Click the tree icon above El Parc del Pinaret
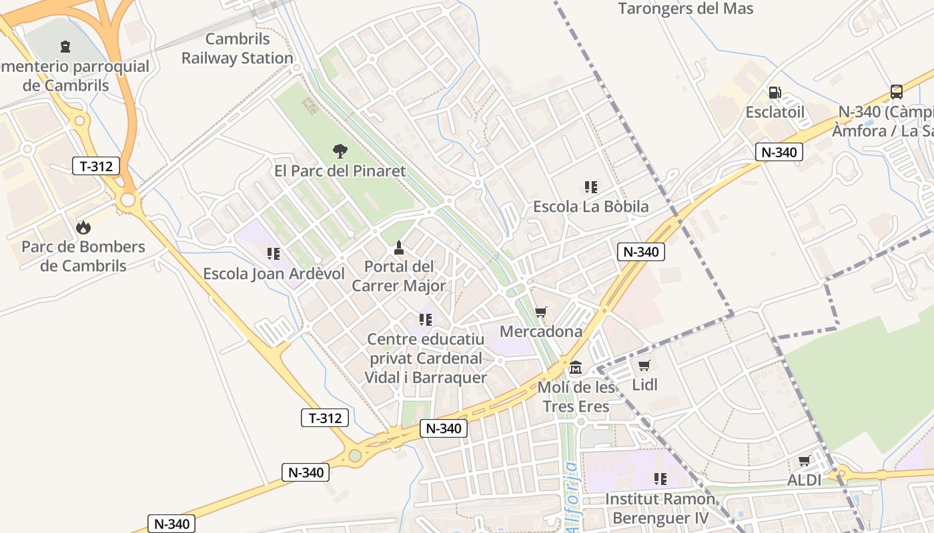coord(340,151)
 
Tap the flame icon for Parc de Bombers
coord(83,227)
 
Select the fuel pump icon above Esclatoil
coord(775,93)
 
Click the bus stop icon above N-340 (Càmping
coord(896,92)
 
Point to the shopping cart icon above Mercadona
coord(541,312)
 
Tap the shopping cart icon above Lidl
coord(644,365)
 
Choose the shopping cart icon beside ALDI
coord(805,461)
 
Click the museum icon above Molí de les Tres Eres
coord(576,367)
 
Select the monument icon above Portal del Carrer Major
coord(399,248)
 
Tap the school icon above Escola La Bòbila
coord(590,187)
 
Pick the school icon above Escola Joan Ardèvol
coord(273,254)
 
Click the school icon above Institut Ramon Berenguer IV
coord(660,479)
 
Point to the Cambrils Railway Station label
coord(238,49)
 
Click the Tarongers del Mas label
coord(685,9)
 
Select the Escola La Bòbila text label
coord(590,207)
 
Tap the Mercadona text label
coord(541,331)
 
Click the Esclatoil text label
coord(775,112)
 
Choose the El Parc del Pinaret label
coord(340,171)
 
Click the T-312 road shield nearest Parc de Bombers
coord(96,166)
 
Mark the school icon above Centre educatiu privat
coord(426,320)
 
